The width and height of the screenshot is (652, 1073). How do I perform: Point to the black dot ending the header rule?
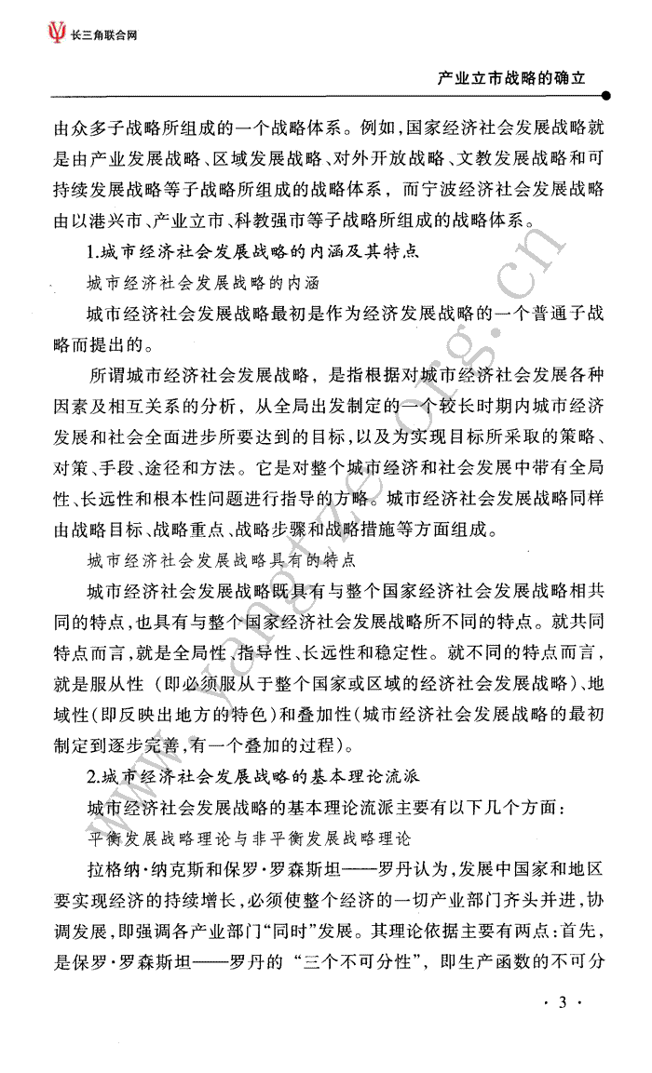coord(607,95)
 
